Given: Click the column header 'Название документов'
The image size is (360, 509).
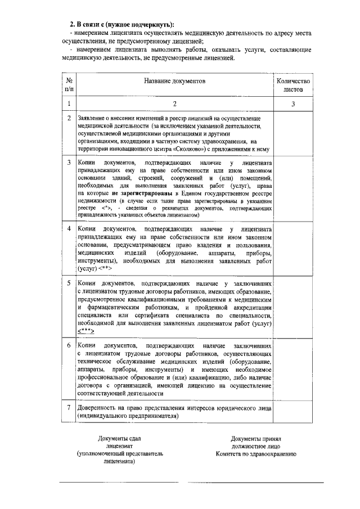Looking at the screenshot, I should (x=174, y=82).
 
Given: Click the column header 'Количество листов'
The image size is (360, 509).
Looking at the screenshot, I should (x=293, y=85).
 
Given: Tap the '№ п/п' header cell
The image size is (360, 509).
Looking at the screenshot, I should (x=69, y=85).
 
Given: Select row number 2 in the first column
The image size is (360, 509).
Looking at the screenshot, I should (x=69, y=119).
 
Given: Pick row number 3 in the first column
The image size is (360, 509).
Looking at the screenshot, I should (x=69, y=163).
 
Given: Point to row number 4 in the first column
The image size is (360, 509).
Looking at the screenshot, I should (x=69, y=229).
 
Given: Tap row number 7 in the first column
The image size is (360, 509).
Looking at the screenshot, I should (x=69, y=407).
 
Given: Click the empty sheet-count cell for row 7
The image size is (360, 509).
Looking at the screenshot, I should (x=293, y=411).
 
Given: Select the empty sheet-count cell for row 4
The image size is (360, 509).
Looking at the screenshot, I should (x=293, y=249).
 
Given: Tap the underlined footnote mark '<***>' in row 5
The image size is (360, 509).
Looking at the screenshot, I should (x=86, y=332).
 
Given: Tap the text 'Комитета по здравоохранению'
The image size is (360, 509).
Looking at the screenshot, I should (x=255, y=453).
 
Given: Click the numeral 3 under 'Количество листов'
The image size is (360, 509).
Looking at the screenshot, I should (x=293, y=103).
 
